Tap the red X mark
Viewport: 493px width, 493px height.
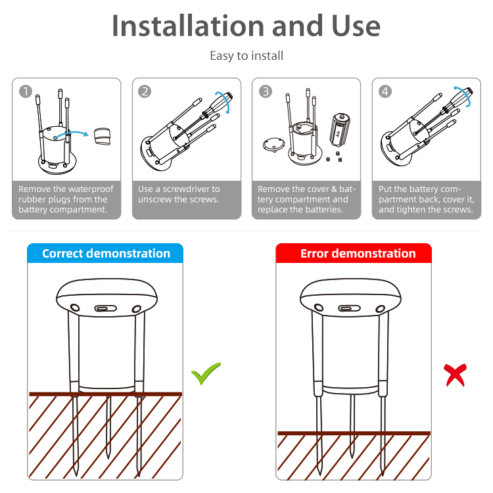point(455,375)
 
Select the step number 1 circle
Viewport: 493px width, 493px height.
point(26,91)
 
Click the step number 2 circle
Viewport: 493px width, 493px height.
point(145,91)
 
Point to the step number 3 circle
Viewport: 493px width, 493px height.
point(266,91)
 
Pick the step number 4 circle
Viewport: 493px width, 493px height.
point(385,91)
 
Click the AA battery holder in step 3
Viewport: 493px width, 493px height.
point(340,130)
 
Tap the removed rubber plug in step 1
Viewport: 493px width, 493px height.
point(102,136)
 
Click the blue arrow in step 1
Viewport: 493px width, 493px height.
point(71,133)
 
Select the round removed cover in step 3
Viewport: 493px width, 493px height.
point(273,145)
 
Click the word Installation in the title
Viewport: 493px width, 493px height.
point(188,26)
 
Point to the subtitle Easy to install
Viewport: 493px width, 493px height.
point(246,56)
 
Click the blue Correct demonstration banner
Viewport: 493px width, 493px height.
point(105,253)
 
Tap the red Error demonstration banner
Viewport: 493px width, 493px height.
point(354,253)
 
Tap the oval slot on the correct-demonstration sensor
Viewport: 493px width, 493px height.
point(106,308)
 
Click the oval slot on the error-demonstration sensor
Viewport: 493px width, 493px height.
point(349,308)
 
